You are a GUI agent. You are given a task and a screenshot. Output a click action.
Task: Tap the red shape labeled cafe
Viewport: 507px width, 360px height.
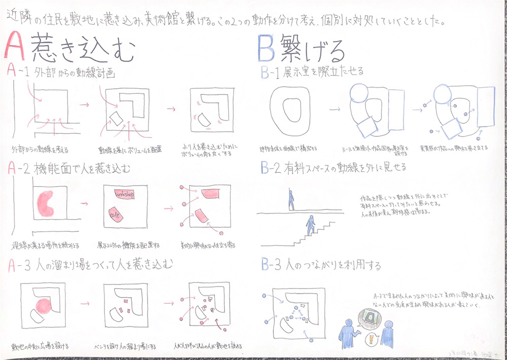tap(116, 215)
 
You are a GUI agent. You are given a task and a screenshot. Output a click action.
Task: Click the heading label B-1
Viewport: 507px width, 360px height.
tap(271, 73)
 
